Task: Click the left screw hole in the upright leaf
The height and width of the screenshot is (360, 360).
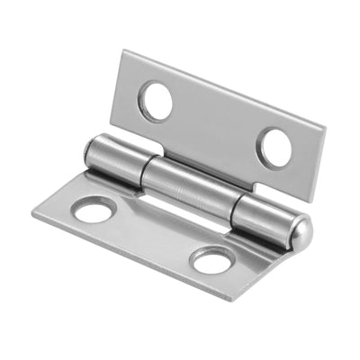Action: coord(156,101)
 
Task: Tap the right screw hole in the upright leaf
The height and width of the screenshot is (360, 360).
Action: coord(274,147)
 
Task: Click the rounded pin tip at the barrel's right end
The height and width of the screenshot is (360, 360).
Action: coord(303,235)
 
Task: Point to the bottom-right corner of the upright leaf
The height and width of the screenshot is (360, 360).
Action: coord(311,203)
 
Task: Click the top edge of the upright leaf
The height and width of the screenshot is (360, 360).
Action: coord(225,88)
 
